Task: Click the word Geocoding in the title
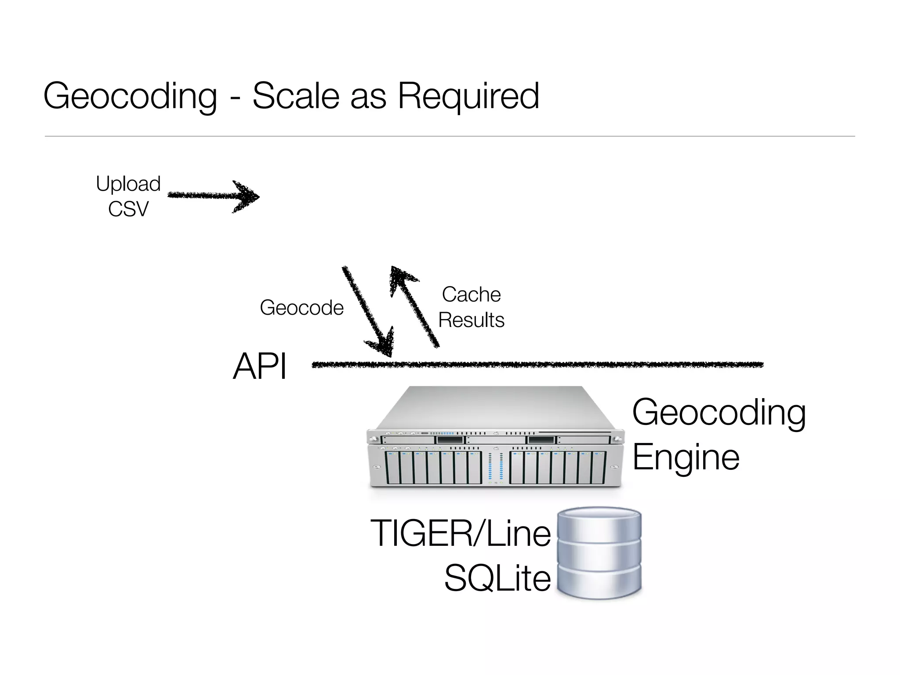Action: click(131, 97)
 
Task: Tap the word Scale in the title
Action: click(295, 96)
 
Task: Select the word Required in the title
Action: click(468, 97)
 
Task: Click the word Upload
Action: click(128, 184)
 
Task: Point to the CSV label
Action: click(128, 209)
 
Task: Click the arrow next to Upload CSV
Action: click(213, 196)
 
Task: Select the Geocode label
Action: click(301, 308)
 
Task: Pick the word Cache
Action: click(471, 294)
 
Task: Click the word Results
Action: click(471, 320)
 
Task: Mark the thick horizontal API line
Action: click(537, 364)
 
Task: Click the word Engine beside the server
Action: click(686, 457)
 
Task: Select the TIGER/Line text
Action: click(461, 533)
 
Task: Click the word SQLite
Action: click(497, 578)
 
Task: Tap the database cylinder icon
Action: click(599, 554)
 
